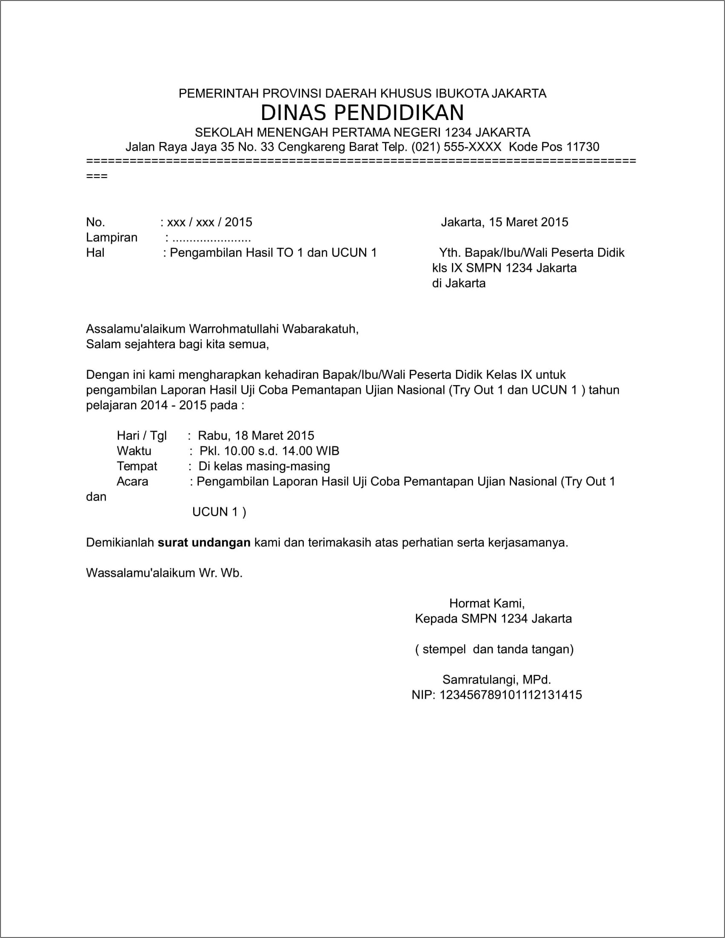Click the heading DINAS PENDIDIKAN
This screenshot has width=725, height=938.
click(x=362, y=113)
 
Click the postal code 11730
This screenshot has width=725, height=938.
click(x=582, y=147)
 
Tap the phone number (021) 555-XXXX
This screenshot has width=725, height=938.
click(x=456, y=147)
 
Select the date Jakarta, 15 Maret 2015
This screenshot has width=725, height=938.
click(x=504, y=223)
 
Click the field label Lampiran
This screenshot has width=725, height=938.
click(x=111, y=237)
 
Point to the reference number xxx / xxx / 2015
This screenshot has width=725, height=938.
click(x=209, y=223)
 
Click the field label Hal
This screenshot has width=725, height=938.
click(x=95, y=253)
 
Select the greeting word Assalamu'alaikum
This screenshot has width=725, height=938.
click(x=136, y=329)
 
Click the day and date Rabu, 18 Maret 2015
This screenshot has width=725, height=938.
click(x=256, y=436)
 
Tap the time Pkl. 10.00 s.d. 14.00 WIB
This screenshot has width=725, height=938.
click(x=269, y=451)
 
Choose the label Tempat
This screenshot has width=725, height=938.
click(x=137, y=466)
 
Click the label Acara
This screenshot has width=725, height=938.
click(x=132, y=482)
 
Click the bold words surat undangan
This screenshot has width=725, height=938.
click(x=204, y=543)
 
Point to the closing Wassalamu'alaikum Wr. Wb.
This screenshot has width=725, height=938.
click(x=164, y=573)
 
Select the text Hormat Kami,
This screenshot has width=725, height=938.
click(x=487, y=603)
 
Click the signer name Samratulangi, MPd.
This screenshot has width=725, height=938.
click(x=497, y=680)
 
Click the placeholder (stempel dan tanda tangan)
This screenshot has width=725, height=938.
click(x=494, y=649)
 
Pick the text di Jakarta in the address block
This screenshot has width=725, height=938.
click(x=458, y=283)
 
